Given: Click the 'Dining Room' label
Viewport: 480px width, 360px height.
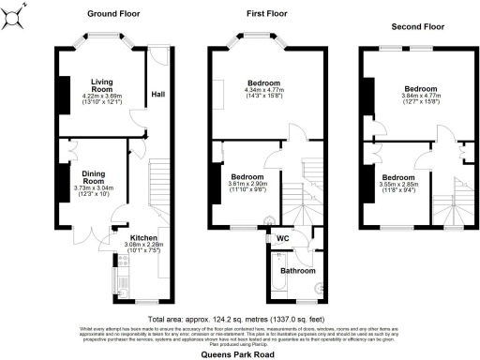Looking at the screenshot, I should [94, 175].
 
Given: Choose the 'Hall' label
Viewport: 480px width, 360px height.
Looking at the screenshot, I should [158, 94].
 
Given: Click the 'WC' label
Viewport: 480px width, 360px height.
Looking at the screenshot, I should [281, 238].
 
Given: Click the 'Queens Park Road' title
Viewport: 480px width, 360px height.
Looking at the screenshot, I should [240, 354].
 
